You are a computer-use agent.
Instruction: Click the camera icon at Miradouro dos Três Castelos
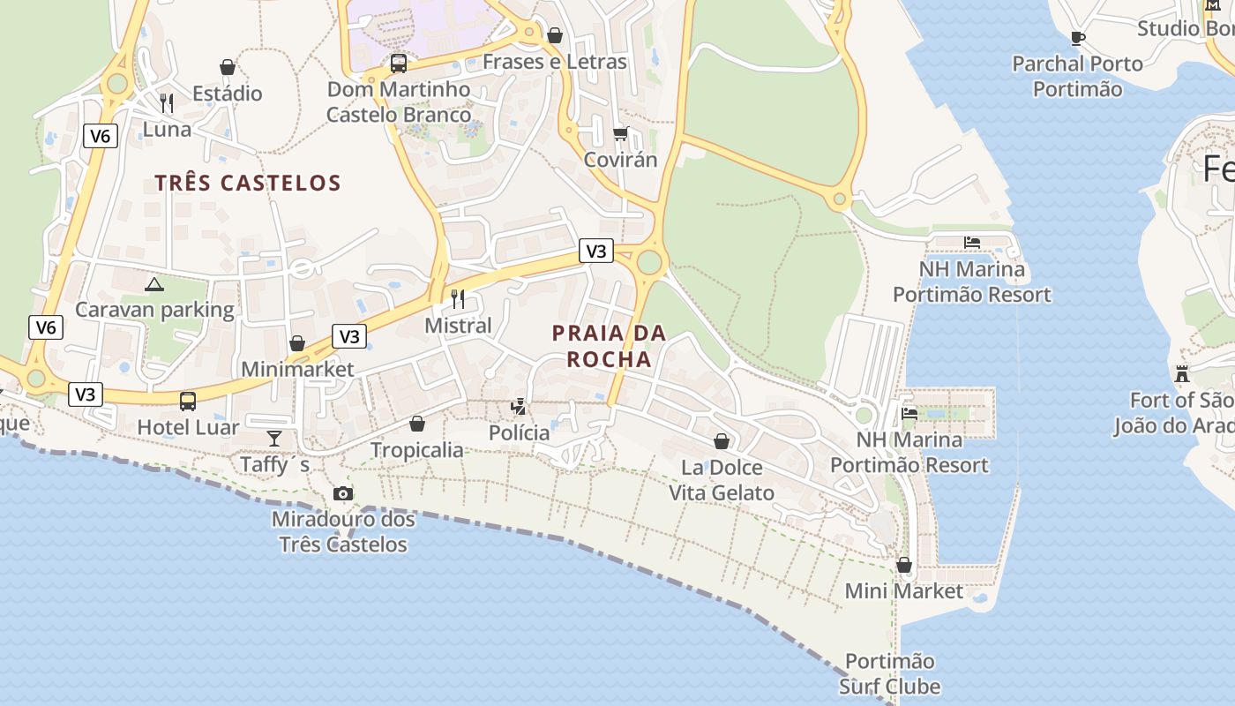coord(343,493)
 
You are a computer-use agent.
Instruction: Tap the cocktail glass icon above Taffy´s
coord(274,438)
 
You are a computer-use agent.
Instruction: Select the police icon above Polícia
coord(520,407)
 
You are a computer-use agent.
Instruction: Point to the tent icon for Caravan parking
coord(154,284)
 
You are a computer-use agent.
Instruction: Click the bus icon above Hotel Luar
coord(188,402)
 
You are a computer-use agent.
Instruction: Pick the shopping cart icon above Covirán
coord(620,133)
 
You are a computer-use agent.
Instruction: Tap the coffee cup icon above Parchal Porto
coord(1076,37)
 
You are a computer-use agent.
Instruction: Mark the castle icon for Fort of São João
coord(1182,373)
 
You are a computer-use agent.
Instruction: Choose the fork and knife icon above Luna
coord(166,103)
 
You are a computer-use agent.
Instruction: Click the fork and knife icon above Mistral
coord(457,299)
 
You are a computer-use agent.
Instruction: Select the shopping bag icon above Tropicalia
coord(417,424)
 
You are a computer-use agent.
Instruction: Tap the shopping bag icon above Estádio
coord(228,67)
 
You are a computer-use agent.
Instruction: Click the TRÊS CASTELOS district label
coord(248,183)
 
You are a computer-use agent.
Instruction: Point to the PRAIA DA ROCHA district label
coord(609,346)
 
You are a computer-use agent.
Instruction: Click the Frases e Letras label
coord(555,62)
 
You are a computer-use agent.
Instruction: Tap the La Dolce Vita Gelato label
coord(722,480)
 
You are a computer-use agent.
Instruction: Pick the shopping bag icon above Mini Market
coord(904,565)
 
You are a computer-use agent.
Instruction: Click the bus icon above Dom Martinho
coord(399,64)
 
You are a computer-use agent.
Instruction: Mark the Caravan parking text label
coord(154,310)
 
